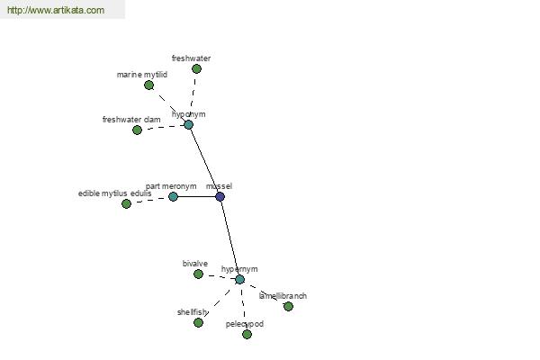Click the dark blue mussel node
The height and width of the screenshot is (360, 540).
click(220, 197)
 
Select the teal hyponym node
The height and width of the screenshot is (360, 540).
click(188, 125)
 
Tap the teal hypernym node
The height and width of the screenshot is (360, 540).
click(240, 279)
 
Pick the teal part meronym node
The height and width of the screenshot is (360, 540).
click(173, 197)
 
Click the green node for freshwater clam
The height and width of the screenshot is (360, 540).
click(137, 130)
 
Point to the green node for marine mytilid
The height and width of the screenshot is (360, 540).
click(148, 85)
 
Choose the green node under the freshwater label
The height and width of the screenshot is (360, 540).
click(196, 69)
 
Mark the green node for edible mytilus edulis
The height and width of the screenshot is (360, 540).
click(126, 203)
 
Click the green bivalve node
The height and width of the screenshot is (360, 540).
click(198, 274)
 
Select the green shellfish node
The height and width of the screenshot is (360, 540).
click(198, 322)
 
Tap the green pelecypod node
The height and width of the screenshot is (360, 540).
click(247, 334)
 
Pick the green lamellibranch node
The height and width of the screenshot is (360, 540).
click(288, 306)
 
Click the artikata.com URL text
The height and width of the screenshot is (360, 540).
click(56, 10)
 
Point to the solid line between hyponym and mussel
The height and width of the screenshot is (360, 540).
click(204, 161)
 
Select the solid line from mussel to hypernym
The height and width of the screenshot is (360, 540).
click(230, 238)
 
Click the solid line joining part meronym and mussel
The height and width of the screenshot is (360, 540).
click(196, 197)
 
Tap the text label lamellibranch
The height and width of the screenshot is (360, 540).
click(283, 296)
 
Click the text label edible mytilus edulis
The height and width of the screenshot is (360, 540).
click(114, 193)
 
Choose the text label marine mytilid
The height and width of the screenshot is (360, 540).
click(142, 75)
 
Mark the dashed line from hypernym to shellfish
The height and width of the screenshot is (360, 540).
click(218, 302)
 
